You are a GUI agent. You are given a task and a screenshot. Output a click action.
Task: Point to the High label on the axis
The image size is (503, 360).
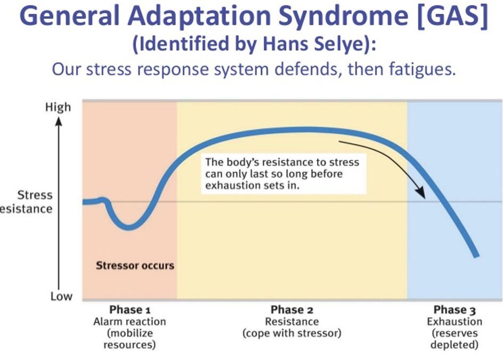58,108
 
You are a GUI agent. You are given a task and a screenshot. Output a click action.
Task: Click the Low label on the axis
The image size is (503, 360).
61,297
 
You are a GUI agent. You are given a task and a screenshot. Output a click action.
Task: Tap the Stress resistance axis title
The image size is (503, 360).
32,201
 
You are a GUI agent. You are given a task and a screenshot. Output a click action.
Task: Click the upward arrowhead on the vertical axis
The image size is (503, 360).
59,120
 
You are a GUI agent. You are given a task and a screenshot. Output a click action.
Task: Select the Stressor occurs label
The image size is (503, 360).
135,265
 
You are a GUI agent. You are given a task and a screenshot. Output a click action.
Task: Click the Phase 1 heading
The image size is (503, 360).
126,310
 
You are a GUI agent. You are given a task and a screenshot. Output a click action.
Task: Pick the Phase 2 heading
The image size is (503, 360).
291,310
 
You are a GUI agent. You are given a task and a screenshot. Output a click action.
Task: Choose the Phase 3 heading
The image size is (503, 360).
454,310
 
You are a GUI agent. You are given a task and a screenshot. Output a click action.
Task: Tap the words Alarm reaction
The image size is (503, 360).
129,322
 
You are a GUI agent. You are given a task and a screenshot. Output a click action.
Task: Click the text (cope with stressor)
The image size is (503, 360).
291,333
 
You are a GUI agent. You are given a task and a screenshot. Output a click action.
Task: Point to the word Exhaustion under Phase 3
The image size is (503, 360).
454,322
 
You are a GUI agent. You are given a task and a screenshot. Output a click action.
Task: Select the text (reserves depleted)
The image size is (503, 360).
454,339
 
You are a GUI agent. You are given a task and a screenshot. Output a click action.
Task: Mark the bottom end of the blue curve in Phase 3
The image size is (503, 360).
476,256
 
